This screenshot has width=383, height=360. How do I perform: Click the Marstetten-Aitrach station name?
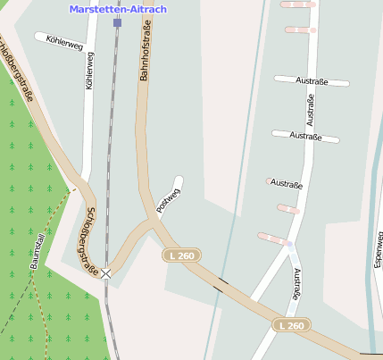tap(118, 9)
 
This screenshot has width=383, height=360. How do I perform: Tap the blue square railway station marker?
tap(117, 23)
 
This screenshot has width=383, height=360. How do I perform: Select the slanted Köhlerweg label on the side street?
tap(58, 41)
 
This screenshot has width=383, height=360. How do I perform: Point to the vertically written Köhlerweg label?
tap(89, 71)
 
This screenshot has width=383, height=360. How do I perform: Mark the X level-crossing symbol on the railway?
tap(106, 273)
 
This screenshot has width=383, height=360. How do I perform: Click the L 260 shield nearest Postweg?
tap(180, 255)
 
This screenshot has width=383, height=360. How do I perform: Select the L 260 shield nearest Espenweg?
tap(291, 325)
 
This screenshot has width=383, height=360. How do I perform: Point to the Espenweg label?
tap(379, 251)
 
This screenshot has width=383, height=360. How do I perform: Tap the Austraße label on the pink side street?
tap(287, 186)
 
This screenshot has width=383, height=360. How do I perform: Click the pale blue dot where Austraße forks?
tap(289, 244)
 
